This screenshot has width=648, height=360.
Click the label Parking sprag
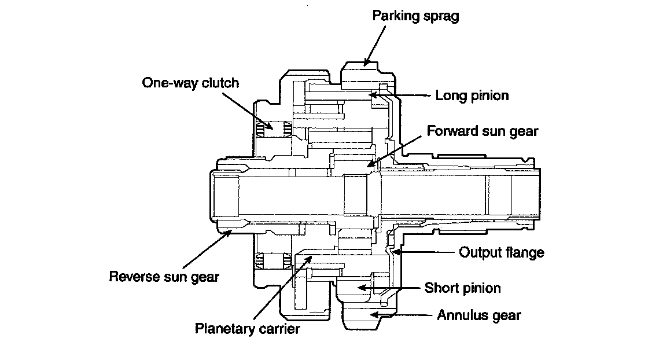pyautogui.click(x=415, y=16)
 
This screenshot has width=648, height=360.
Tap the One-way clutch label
pyautogui.click(x=190, y=83)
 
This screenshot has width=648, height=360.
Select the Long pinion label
pyautogui.click(x=472, y=95)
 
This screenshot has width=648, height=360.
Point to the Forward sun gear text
pyautogui.click(x=483, y=131)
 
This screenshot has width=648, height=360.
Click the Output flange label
pyautogui.click(x=502, y=252)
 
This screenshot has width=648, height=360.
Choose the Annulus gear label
pyautogui.click(x=479, y=315)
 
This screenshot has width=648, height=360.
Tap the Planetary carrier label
pyautogui.click(x=248, y=329)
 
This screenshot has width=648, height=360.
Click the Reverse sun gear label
pyautogui.click(x=164, y=277)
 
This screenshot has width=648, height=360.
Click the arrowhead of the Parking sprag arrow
pyautogui.click(x=365, y=63)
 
